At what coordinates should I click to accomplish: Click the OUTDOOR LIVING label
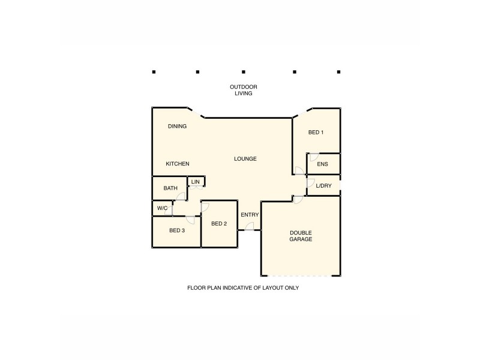pyautogui.click(x=243, y=90)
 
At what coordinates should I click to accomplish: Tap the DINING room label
pyautogui.click(x=177, y=127)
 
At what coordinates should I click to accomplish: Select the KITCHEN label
pyautogui.click(x=178, y=164)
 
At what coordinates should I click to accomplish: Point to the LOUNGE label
pyautogui.click(x=245, y=159)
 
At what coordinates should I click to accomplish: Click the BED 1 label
pyautogui.click(x=316, y=133)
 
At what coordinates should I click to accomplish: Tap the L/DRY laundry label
pyautogui.click(x=323, y=186)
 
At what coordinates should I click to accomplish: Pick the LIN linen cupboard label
pyautogui.click(x=196, y=181)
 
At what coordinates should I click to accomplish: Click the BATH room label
pyautogui.click(x=170, y=188)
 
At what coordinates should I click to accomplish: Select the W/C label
pyautogui.click(x=162, y=208)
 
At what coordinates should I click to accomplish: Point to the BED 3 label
pyautogui.click(x=176, y=230)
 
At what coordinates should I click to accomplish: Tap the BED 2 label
pyautogui.click(x=219, y=224)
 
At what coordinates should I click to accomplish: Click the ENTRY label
pyautogui.click(x=250, y=215)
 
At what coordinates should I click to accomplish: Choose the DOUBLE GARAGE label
pyautogui.click(x=301, y=236)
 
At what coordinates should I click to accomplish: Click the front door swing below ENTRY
pyautogui.click(x=250, y=226)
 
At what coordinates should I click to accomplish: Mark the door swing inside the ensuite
pyautogui.click(x=313, y=157)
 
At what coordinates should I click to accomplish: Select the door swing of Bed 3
pyautogui.click(x=191, y=220)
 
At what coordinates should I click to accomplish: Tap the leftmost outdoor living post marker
pyautogui.click(x=154, y=72)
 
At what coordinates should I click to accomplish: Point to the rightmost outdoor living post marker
pyautogui.click(x=339, y=72)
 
